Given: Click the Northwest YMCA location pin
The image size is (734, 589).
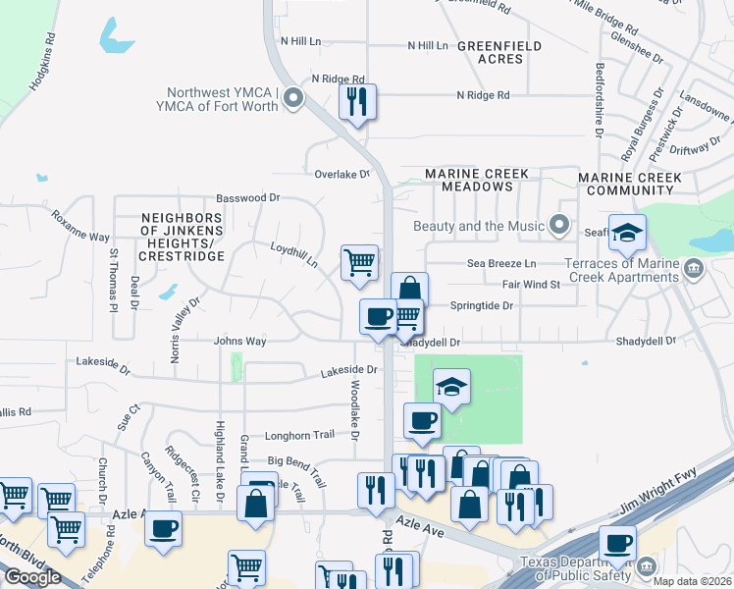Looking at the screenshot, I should (291, 97).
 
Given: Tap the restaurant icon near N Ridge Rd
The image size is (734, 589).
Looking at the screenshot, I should (357, 101).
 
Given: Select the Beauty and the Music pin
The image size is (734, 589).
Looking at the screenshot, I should (560, 226).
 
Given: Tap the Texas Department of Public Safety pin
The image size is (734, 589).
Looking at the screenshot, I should (646, 566).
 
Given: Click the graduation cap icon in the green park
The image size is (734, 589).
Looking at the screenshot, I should (450, 386).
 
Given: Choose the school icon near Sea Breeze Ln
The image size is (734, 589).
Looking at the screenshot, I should (627, 233).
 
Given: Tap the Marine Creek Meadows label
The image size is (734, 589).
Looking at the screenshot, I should (477, 180).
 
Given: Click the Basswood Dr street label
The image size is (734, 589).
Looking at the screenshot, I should (249, 197).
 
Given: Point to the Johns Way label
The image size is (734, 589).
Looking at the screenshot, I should (240, 342).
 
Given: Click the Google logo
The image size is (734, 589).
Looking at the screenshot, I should (32, 577).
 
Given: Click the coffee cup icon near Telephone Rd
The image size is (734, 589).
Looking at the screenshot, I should (163, 527).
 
